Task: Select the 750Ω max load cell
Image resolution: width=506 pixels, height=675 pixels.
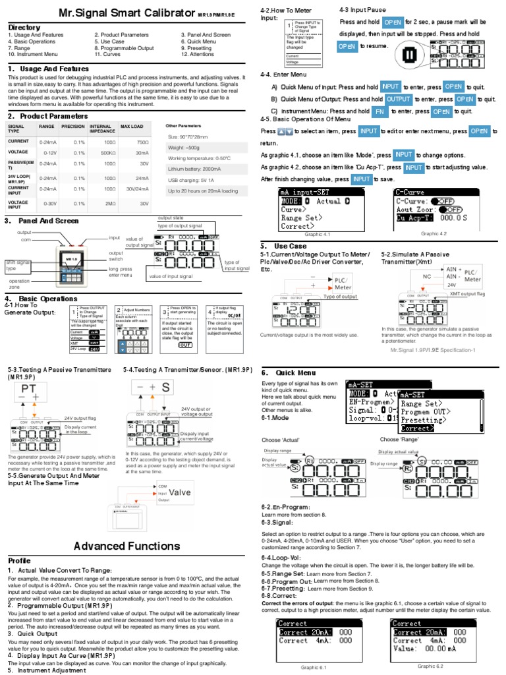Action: (142, 142)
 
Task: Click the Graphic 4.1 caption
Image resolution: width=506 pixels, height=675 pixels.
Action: (317, 234)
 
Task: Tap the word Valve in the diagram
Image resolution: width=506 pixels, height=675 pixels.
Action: (180, 492)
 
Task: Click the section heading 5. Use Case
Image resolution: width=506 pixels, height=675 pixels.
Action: (287, 245)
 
